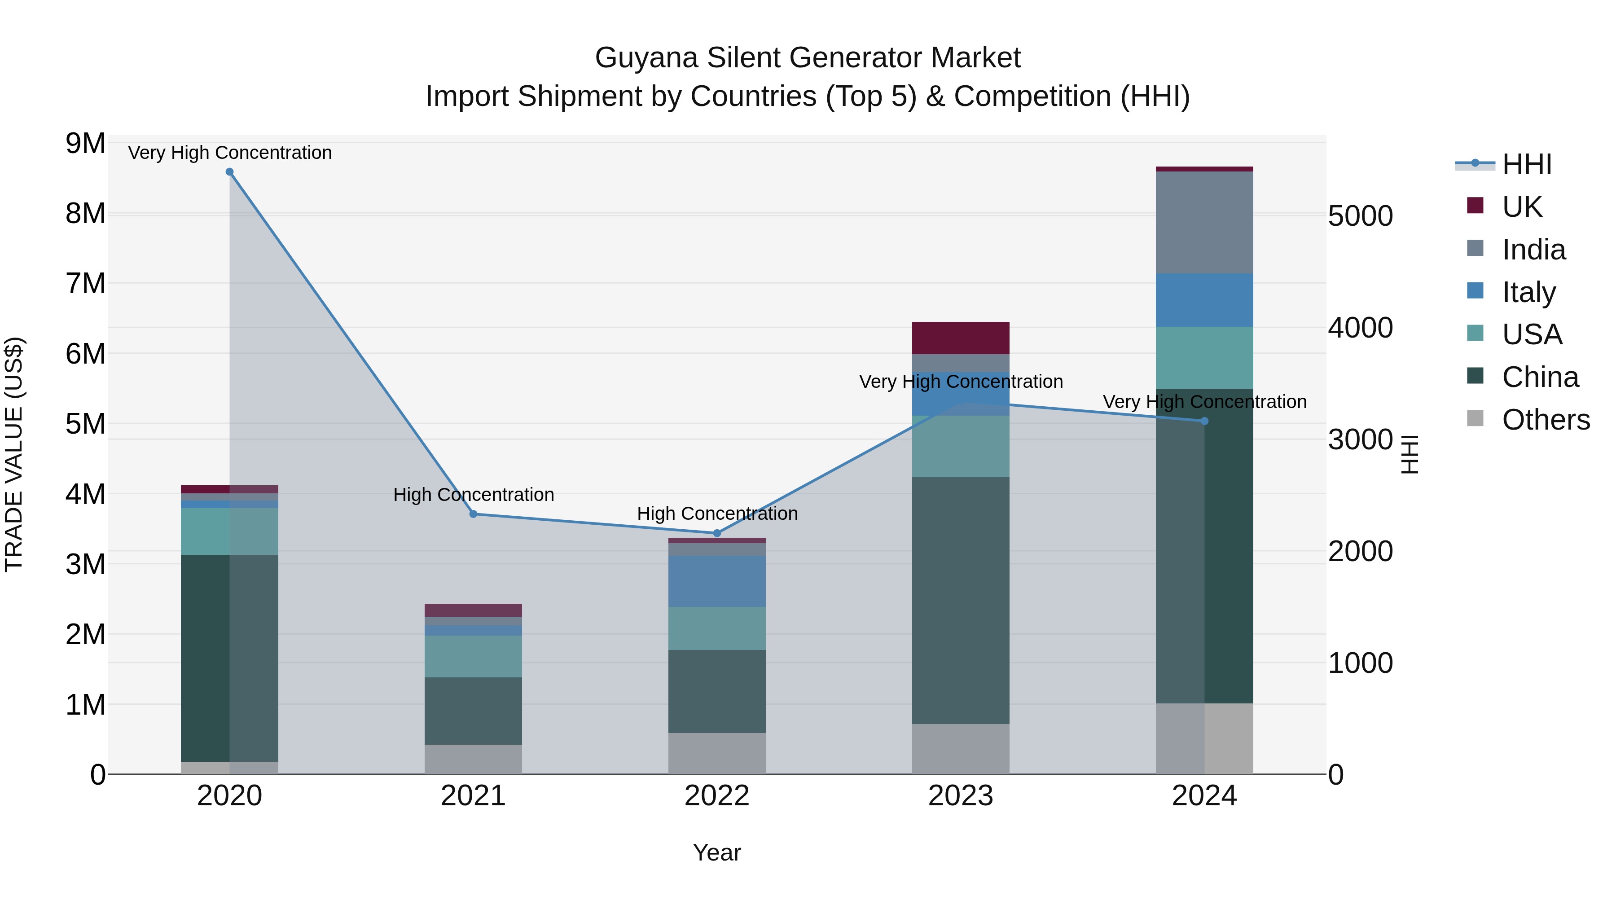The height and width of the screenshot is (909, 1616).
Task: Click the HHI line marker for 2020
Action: pyautogui.click(x=229, y=172)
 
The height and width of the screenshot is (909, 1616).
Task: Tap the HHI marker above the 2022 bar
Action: pyautogui.click(x=717, y=533)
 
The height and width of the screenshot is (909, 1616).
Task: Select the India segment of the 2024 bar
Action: pyautogui.click(x=1204, y=222)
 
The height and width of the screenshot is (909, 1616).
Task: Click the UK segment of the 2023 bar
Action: pyautogui.click(x=961, y=338)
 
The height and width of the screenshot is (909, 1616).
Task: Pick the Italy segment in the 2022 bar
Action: pyautogui.click(x=717, y=581)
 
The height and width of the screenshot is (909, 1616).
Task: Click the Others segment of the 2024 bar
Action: pyautogui.click(x=1204, y=738)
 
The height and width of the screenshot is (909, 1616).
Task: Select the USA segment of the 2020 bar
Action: pyautogui.click(x=229, y=531)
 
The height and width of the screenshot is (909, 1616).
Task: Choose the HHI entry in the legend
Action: pyautogui.click(x=1526, y=164)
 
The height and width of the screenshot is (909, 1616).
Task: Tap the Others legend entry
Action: pyautogui.click(x=1545, y=420)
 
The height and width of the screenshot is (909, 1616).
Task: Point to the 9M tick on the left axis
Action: pyautogui.click(x=85, y=144)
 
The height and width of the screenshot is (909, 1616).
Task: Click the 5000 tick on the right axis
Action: pyautogui.click(x=1360, y=216)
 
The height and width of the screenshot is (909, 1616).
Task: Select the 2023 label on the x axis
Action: pyautogui.click(x=961, y=796)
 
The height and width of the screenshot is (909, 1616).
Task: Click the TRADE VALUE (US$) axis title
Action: pyautogui.click(x=14, y=454)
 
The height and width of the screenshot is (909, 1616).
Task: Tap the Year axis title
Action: pyautogui.click(x=716, y=852)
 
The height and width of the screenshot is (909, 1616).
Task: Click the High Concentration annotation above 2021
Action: pyautogui.click(x=474, y=495)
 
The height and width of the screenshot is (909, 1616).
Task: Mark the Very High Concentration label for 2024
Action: pyautogui.click(x=1204, y=402)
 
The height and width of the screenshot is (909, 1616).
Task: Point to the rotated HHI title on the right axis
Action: pyautogui.click(x=1409, y=454)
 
